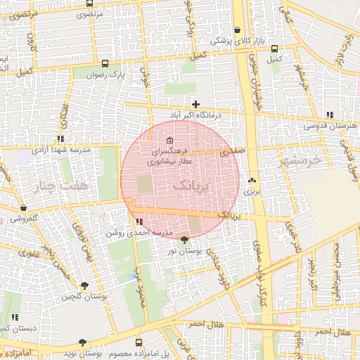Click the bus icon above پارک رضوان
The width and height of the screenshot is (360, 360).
point(105,63)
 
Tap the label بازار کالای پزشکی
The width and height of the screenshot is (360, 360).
point(239,41)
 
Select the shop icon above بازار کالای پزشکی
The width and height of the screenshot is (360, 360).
point(239,30)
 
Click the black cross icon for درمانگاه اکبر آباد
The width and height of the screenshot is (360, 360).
point(195,104)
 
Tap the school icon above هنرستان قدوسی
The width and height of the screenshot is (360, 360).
point(330,115)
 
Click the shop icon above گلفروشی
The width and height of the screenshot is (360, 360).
point(25,208)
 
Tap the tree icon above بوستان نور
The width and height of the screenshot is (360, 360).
point(185,240)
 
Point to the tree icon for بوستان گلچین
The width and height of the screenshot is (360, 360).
point(84,286)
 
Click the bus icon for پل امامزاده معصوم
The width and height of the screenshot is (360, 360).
point(139,342)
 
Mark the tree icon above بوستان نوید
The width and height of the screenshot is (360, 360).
point(83,342)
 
